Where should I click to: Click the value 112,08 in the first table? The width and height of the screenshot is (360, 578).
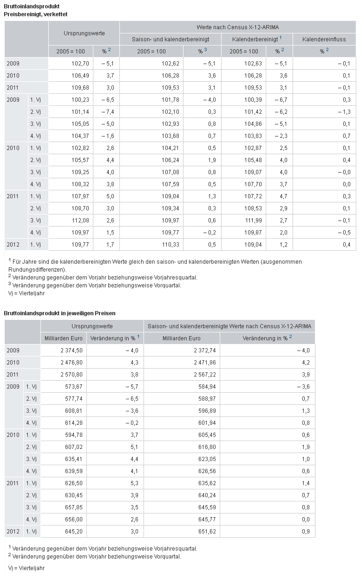pyautogui.click(x=80, y=221)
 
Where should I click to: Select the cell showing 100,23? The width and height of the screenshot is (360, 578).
pyautogui.click(x=80, y=100)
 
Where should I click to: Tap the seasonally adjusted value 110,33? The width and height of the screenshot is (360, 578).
pyautogui.click(x=170, y=244)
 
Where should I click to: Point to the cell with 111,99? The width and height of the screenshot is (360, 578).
pyautogui.click(x=253, y=221)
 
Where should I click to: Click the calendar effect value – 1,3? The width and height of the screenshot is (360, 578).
pyautogui.click(x=344, y=112)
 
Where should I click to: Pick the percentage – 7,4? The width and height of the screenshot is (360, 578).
pyautogui.click(x=107, y=112)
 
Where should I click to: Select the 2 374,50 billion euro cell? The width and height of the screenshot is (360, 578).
pyautogui.click(x=72, y=351)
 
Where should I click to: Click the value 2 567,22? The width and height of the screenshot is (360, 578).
pyautogui.click(x=205, y=374)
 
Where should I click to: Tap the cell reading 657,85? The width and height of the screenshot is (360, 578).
pyautogui.click(x=74, y=507)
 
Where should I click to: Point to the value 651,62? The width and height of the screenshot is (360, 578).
pyautogui.click(x=207, y=531)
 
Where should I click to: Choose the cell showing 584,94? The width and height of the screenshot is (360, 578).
pyautogui.click(x=207, y=387)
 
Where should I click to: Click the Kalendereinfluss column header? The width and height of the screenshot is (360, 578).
pyautogui.click(x=324, y=39)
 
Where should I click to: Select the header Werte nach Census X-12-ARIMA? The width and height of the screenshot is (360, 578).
pyautogui.click(x=237, y=27)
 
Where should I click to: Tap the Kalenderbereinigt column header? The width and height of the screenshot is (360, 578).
pyautogui.click(x=255, y=39)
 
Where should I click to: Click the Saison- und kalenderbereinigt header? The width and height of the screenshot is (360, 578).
pyautogui.click(x=170, y=39)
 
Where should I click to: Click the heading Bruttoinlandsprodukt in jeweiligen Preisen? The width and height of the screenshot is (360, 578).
pyautogui.click(x=59, y=313)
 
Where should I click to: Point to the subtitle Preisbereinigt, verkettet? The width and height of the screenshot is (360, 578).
pyautogui.click(x=36, y=14)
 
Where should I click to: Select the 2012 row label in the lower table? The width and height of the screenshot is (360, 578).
pyautogui.click(x=13, y=531)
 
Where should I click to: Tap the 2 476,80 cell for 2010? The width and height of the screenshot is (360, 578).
pyautogui.click(x=72, y=362)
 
